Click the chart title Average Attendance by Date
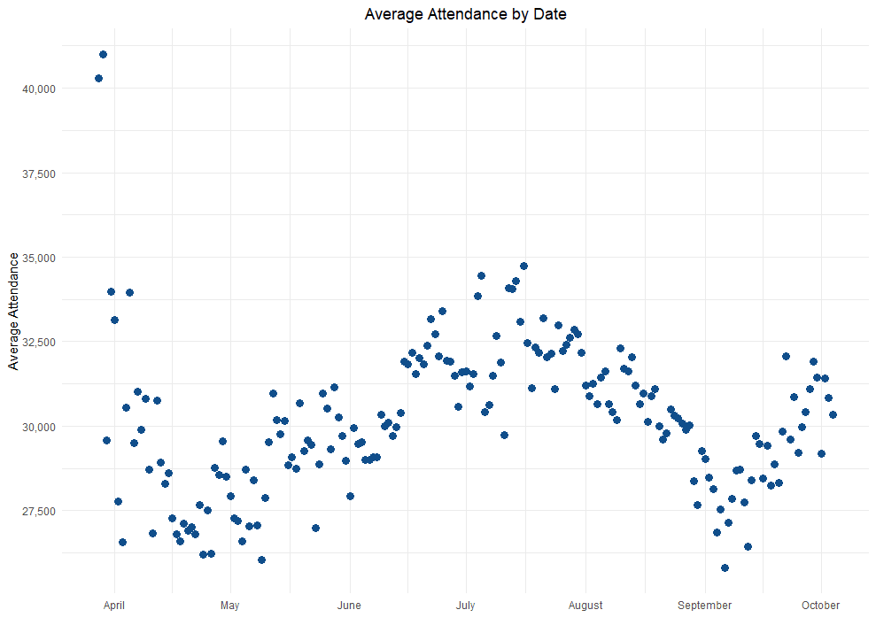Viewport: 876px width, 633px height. [x=465, y=14]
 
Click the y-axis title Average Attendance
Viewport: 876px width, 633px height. [x=13, y=311]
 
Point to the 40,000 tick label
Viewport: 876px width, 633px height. [x=38, y=89]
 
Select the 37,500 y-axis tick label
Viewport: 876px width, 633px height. [x=38, y=174]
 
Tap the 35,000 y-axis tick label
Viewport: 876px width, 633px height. [x=38, y=258]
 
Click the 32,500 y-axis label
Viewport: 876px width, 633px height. [x=38, y=342]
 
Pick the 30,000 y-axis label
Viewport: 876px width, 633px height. [x=38, y=427]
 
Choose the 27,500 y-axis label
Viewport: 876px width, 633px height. [x=38, y=511]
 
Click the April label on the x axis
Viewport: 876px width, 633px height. [x=114, y=606]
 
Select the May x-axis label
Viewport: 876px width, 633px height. [x=229, y=606]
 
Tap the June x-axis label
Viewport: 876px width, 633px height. [x=349, y=606]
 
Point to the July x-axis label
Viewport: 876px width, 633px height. [x=465, y=606]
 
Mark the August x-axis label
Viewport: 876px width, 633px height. [x=585, y=606]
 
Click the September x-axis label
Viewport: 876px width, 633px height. [x=704, y=606]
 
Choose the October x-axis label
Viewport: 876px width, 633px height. [x=820, y=606]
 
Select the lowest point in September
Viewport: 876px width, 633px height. [x=725, y=567]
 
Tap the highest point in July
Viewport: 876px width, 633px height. [x=523, y=266]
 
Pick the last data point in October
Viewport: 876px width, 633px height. [x=833, y=414]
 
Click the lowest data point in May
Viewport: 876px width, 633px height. [x=261, y=560]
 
